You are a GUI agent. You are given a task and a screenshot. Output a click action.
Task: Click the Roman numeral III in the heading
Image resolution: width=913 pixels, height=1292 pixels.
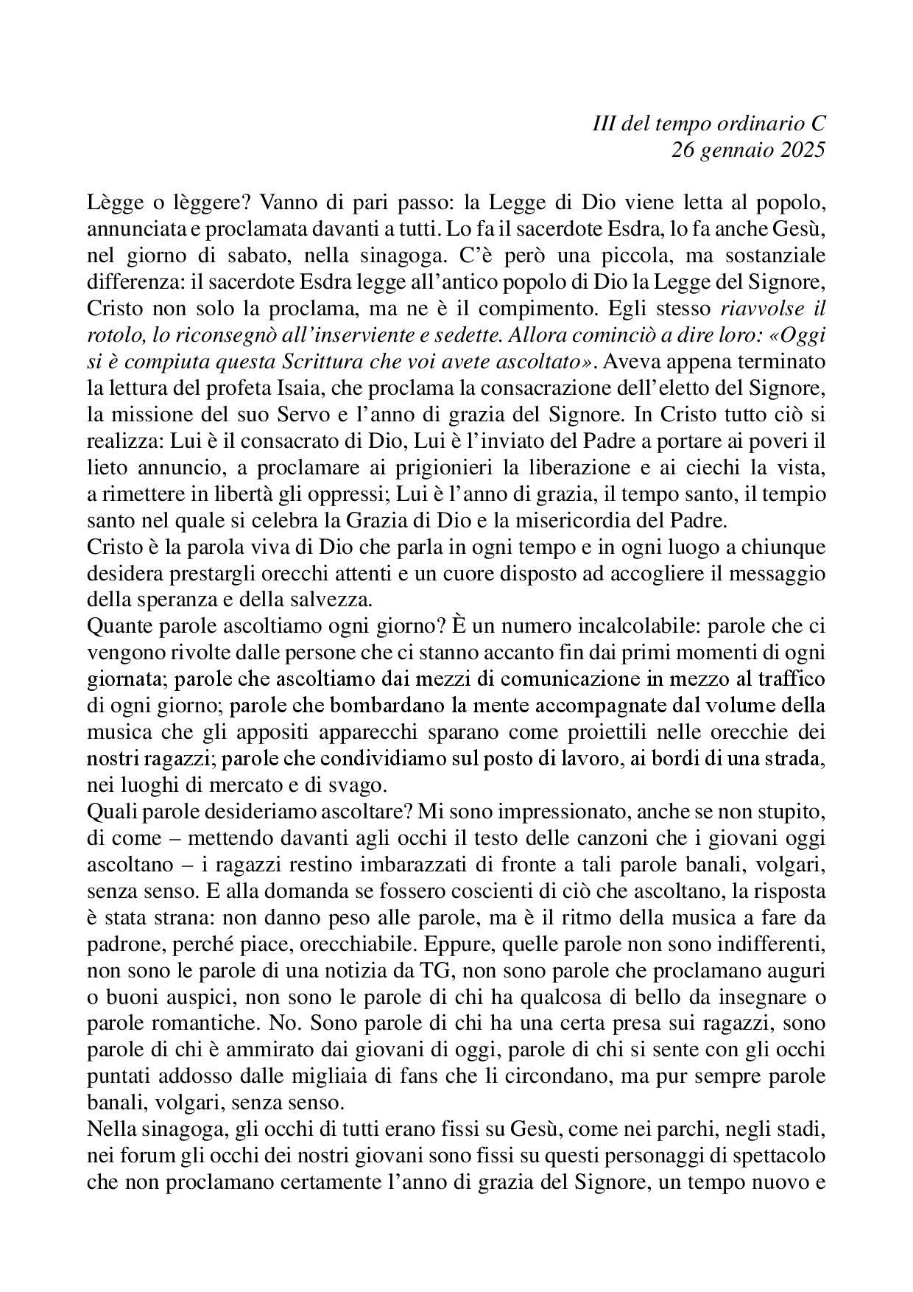[x=604, y=124]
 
